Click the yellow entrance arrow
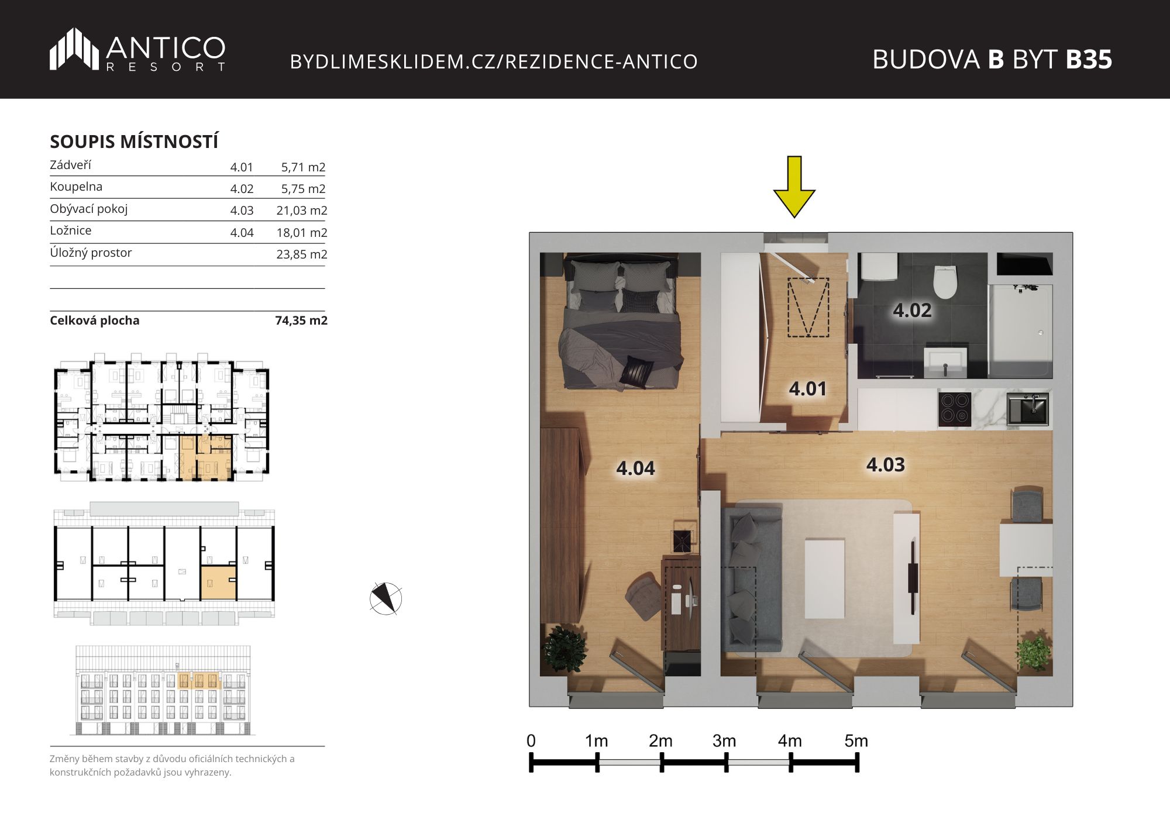[794, 187]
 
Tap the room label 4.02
[912, 310]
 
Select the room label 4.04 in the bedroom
[635, 468]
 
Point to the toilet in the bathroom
[945, 282]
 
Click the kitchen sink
[1028, 408]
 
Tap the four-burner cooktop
[955, 408]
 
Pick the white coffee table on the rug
[824, 578]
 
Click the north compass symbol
[386, 598]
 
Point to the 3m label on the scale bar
[724, 741]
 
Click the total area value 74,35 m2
[301, 321]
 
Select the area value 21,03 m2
[302, 211]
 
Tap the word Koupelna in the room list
[76, 187]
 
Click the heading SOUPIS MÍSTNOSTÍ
[134, 142]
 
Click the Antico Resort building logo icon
[74, 49]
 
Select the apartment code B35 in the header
[1089, 59]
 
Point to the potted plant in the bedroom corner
[565, 647]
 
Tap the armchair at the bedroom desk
[645, 595]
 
